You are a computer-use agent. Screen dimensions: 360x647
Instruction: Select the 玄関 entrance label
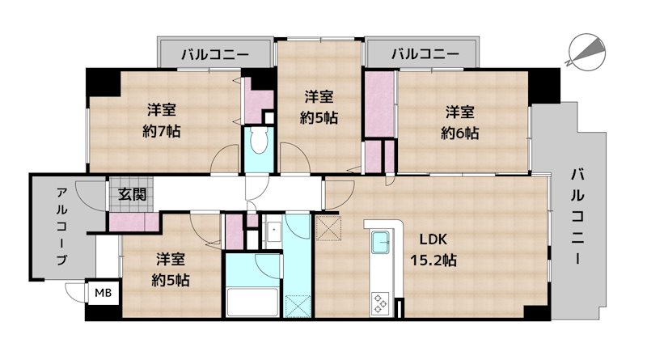(133, 193)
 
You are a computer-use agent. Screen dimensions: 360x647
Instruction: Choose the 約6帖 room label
(460, 122)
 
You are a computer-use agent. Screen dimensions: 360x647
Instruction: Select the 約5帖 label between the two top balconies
(319, 106)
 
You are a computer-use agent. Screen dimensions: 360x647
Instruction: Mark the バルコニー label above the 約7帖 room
(214, 55)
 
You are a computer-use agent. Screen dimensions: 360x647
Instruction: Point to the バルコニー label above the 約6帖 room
(425, 55)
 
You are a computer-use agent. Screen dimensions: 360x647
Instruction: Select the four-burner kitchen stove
(378, 303)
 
